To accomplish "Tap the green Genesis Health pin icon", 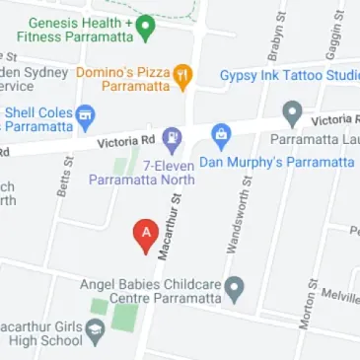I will (x=145, y=27).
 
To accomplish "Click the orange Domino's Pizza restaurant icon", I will (x=182, y=76).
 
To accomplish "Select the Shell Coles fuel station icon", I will (x=85, y=115).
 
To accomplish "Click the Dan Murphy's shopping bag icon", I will (x=221, y=135).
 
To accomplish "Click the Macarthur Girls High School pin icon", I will (x=96, y=331).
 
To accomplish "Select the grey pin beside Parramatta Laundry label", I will (x=292, y=111).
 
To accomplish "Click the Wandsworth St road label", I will (x=238, y=221).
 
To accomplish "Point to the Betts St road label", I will (x=65, y=179).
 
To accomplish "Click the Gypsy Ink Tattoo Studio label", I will (x=289, y=76).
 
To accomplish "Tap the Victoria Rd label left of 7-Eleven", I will (x=127, y=144).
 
